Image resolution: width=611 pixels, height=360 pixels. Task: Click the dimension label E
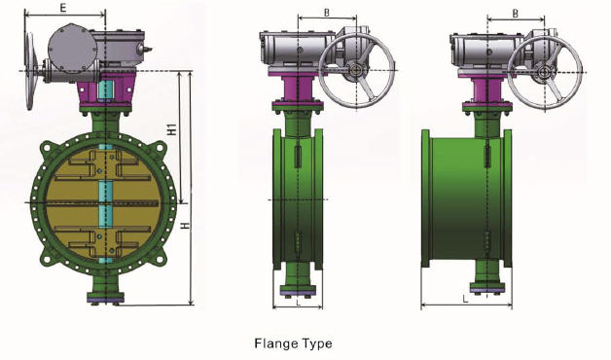(x=63, y=8)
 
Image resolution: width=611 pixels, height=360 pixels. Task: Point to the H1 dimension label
(x=171, y=128)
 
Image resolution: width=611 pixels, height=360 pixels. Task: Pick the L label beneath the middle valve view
(x=295, y=302)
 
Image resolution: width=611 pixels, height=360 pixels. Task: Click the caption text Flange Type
(x=293, y=343)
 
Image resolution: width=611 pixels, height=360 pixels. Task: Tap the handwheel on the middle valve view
(x=359, y=71)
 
